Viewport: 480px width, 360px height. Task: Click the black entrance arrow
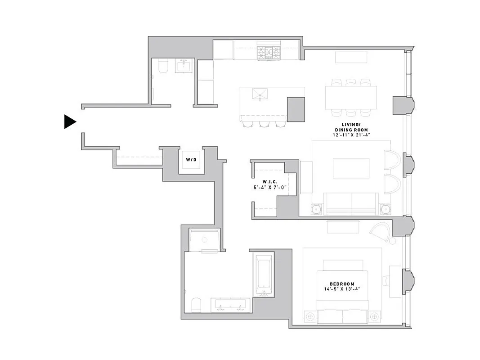tap(70, 121)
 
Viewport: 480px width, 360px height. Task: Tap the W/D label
tap(191, 159)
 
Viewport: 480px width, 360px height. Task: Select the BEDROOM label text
tap(342, 283)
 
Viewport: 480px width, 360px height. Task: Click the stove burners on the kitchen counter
tap(268, 53)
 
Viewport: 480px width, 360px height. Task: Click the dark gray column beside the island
tap(296, 109)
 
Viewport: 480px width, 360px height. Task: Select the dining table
tap(351, 97)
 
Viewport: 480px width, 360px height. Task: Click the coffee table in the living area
tap(351, 168)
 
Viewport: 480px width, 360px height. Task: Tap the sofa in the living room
tap(350, 205)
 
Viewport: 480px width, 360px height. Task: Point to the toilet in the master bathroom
tap(196, 305)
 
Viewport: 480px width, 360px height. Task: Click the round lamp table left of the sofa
tap(317, 209)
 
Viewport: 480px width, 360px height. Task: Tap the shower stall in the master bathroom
tap(205, 241)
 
